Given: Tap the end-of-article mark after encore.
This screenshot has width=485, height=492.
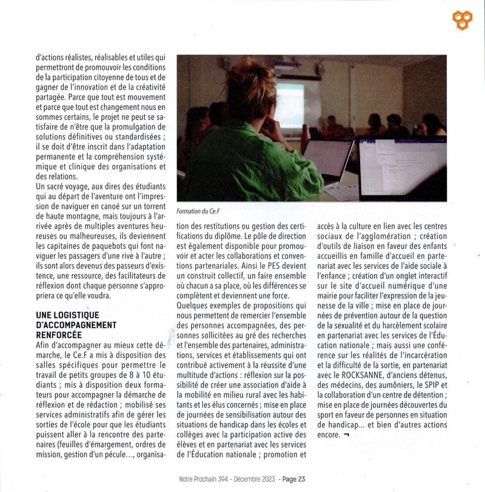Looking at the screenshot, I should [x=346, y=434].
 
